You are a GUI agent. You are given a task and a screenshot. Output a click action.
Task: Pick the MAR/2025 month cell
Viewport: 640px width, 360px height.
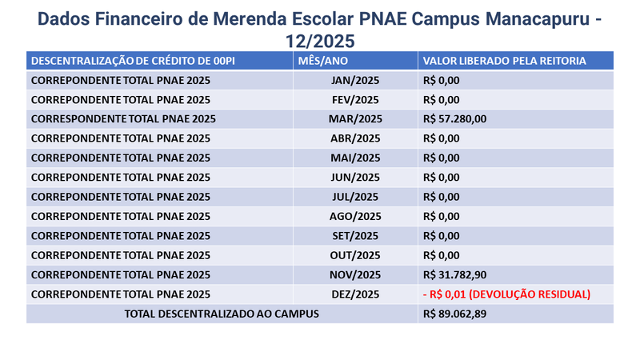(x=355, y=119)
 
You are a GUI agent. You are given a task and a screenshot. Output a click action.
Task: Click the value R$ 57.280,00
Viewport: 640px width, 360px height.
(x=454, y=119)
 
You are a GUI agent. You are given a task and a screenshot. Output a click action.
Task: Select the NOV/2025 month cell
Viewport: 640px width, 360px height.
(x=355, y=275)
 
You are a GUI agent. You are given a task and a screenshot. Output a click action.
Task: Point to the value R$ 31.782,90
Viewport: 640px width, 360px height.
(x=454, y=275)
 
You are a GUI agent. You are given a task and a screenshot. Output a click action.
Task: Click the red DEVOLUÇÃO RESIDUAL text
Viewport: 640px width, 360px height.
(x=530, y=294)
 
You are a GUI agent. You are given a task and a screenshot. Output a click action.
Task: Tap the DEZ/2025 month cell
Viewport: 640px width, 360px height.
(x=355, y=294)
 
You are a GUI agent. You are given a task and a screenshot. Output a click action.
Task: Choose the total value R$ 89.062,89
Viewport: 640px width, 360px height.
(x=454, y=314)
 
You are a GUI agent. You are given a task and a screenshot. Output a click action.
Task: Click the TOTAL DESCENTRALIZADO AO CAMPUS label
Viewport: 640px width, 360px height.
(x=222, y=314)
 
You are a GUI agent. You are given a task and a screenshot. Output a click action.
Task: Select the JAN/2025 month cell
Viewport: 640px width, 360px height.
(x=355, y=81)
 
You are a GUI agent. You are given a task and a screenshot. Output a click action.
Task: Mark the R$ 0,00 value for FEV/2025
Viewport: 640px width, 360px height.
(x=442, y=100)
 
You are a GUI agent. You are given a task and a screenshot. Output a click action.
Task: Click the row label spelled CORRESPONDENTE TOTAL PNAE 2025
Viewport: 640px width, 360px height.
(x=123, y=119)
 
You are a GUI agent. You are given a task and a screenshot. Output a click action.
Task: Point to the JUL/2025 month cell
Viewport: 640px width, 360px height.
(x=355, y=197)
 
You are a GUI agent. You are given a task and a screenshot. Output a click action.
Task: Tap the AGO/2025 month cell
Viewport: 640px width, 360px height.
(x=355, y=216)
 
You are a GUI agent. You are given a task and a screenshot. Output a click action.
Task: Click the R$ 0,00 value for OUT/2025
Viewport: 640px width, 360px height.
(x=442, y=255)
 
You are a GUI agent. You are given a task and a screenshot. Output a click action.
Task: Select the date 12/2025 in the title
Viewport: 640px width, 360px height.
(x=320, y=42)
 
